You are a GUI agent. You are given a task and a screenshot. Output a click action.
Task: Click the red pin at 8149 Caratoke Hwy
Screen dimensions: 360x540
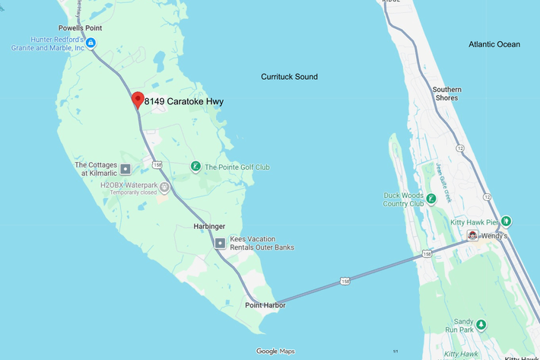tap(138, 99)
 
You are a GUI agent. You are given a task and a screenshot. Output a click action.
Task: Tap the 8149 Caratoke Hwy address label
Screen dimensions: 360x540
tap(184, 101)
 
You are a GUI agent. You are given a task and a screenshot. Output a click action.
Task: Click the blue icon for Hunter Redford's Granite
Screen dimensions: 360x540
tap(91, 43)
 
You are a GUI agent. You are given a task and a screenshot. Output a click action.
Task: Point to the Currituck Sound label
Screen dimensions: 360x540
tap(289, 77)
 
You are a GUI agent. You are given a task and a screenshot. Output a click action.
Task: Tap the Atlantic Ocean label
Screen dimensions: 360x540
tap(494, 44)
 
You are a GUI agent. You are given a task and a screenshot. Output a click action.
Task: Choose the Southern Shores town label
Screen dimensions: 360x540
tap(446, 94)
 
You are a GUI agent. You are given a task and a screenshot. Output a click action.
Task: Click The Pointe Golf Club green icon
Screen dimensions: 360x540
tap(195, 167)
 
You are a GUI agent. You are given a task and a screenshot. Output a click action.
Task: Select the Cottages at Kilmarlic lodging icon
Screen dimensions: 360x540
tap(125, 168)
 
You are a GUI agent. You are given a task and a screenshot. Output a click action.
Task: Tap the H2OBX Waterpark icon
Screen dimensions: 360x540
tap(164, 187)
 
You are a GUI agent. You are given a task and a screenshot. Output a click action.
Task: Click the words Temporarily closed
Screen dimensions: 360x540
tap(133, 193)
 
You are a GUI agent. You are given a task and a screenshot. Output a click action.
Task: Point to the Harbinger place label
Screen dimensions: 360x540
tap(209, 227)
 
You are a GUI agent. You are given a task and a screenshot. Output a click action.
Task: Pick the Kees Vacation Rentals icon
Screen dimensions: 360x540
tap(221, 244)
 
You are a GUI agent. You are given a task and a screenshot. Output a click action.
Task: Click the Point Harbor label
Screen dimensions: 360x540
tap(265, 305)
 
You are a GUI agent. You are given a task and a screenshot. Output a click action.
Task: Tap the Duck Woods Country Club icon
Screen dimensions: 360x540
tap(431, 199)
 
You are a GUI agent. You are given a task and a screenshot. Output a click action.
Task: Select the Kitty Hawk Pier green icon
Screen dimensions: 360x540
tap(506, 221)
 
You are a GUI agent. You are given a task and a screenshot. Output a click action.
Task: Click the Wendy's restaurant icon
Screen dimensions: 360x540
tap(473, 236)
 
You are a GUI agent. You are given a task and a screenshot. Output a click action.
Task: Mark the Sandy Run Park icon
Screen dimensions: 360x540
tap(481, 325)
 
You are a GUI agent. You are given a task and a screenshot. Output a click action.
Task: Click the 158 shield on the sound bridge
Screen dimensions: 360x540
tap(345, 280)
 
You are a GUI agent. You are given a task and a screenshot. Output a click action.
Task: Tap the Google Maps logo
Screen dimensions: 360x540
tap(275, 351)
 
